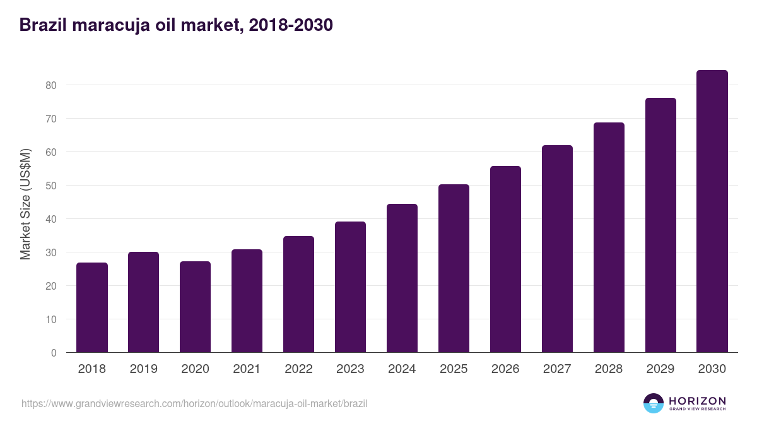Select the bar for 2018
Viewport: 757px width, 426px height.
92,308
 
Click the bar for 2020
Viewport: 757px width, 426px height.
196,307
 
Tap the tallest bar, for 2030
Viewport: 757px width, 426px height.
712,211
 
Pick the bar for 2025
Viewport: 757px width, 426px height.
454,268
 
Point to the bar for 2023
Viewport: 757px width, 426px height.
350,287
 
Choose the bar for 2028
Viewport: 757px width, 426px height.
609,237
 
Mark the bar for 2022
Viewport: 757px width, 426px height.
298,294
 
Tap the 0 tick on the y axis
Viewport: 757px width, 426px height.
54,353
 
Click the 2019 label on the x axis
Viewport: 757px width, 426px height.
144,369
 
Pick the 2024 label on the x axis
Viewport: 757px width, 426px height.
402,369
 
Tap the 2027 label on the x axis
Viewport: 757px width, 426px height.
557,369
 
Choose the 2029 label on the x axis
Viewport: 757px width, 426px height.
660,369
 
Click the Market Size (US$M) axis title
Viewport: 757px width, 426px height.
25,204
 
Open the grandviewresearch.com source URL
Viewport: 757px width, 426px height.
194,403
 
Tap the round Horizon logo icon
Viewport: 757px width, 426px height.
654,403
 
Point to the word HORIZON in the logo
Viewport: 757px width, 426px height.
697,401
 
